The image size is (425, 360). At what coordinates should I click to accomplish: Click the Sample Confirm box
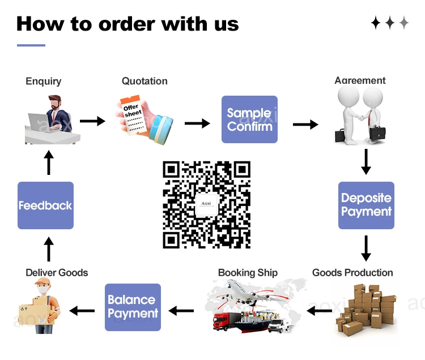pos(249,119)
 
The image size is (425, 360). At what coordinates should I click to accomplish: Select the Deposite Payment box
pos(366,205)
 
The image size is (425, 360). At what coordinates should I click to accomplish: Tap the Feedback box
pos(45,205)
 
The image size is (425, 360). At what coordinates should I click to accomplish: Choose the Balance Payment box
pos(133,307)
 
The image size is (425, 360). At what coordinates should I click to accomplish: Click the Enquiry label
pos(44,81)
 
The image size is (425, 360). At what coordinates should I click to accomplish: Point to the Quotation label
pos(144,81)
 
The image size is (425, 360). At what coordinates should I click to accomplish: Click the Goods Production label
pos(352,272)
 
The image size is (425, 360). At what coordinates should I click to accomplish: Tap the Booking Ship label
pos(248,272)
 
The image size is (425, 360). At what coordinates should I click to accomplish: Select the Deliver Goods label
pos(57,272)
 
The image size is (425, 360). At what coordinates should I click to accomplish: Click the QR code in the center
pos(206,205)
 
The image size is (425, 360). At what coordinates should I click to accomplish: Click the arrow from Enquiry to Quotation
pos(92,121)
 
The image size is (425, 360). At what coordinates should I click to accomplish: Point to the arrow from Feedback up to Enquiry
pos(49,162)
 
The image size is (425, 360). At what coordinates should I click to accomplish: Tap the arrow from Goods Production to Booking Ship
pos(320,310)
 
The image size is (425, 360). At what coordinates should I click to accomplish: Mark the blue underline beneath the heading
pos(31,45)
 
